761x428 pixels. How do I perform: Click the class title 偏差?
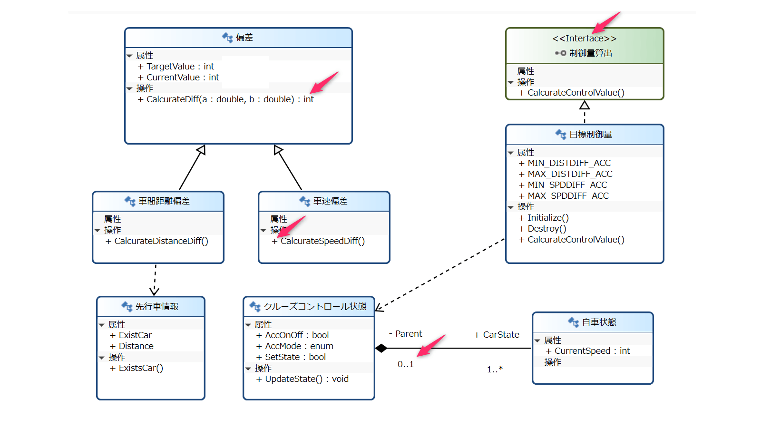pyautogui.click(x=244, y=38)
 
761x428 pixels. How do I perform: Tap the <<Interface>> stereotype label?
pyautogui.click(x=584, y=39)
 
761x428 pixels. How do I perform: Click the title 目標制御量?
pyautogui.click(x=590, y=135)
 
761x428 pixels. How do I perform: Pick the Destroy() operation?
pyautogui.click(x=546, y=229)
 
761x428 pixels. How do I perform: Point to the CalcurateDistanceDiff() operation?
pyautogui.click(x=161, y=241)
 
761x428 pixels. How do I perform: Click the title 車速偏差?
pyautogui.click(x=330, y=201)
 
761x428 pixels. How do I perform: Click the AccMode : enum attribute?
pyautogui.click(x=299, y=346)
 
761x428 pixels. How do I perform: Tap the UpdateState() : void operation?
pyautogui.click(x=306, y=379)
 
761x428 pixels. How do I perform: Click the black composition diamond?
pyautogui.click(x=381, y=348)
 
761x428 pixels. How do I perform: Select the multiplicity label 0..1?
pyautogui.click(x=406, y=364)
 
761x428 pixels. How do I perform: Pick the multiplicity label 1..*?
pyautogui.click(x=495, y=370)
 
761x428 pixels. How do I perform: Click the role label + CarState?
pyautogui.click(x=497, y=335)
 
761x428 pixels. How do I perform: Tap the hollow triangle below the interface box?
pyautogui.click(x=585, y=105)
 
